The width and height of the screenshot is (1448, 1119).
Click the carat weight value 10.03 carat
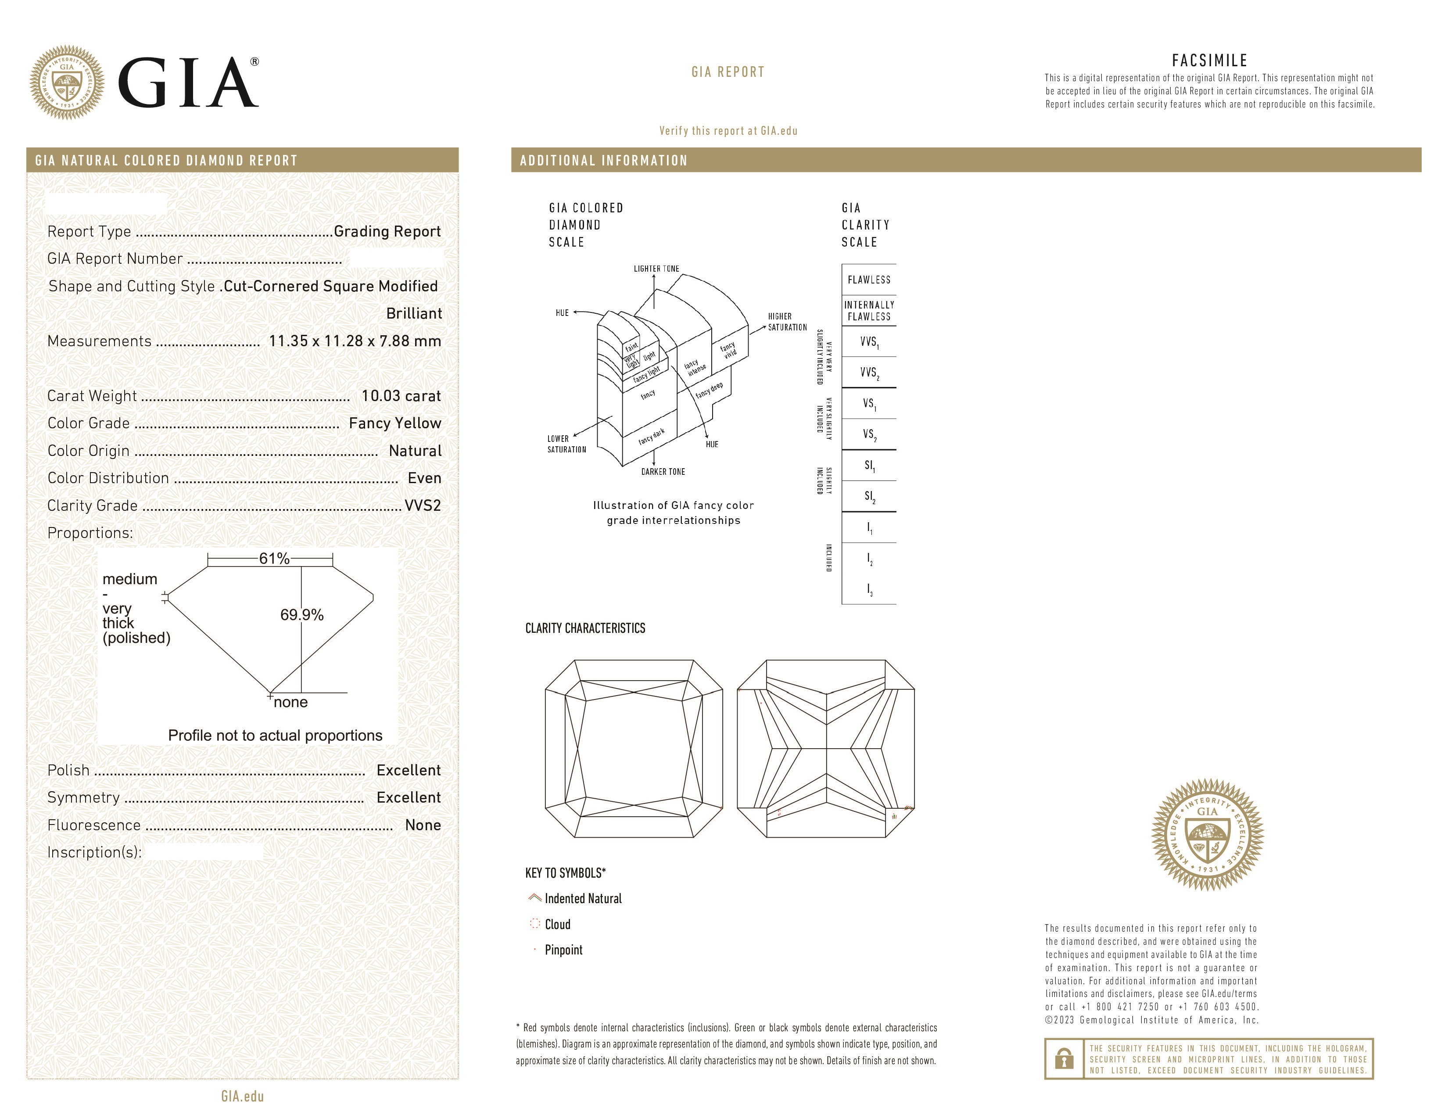pyautogui.click(x=401, y=396)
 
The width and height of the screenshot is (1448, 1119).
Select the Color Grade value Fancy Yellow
pyautogui.click(x=394, y=423)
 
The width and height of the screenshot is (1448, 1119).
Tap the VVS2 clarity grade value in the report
pyautogui.click(x=422, y=505)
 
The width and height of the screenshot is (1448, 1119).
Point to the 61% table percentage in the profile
pyautogui.click(x=274, y=559)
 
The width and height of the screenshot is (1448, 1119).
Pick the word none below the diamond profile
pyautogui.click(x=290, y=702)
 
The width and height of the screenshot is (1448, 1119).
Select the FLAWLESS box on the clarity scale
pyautogui.click(x=868, y=280)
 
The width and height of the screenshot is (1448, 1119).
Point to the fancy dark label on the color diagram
pyautogui.click(x=651, y=436)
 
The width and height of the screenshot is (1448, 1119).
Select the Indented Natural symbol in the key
pyautogui.click(x=534, y=898)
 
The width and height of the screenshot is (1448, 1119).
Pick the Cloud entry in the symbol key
pyautogui.click(x=557, y=924)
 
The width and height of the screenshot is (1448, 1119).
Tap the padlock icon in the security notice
pyautogui.click(x=1064, y=1059)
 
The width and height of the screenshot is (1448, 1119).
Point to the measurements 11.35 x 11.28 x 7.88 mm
pyautogui.click(x=355, y=341)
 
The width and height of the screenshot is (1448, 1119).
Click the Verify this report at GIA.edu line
pyautogui.click(x=728, y=131)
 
